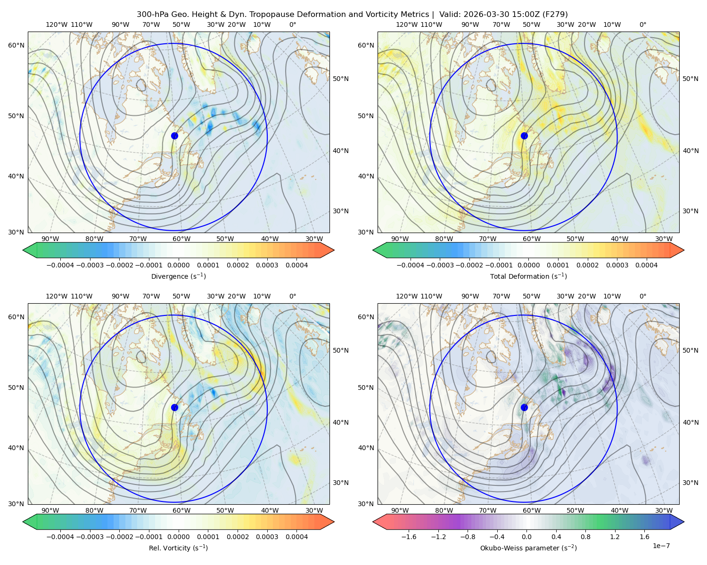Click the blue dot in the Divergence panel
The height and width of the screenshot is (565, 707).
(174, 136)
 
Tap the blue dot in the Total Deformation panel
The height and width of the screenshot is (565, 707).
(524, 136)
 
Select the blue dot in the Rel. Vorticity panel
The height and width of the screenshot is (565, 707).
(174, 407)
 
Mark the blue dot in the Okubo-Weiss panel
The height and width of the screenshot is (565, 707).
(524, 407)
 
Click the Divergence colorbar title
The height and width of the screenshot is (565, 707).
(178, 276)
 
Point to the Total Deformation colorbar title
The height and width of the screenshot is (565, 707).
(528, 276)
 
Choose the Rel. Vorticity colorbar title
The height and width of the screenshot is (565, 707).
(178, 548)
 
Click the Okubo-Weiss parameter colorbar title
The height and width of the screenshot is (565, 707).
(528, 548)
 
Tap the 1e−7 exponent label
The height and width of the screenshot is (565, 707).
(661, 546)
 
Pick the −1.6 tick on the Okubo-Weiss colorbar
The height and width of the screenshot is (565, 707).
(409, 536)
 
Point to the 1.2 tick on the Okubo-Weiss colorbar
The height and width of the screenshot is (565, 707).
(615, 536)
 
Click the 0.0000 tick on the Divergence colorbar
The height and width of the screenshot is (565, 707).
(178, 265)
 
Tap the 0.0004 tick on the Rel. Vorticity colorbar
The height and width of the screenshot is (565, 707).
(296, 536)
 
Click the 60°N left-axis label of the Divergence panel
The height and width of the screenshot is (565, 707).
(16, 45)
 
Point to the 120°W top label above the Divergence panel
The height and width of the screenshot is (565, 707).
(57, 24)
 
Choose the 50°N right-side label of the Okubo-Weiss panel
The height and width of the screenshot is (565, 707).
(690, 350)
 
